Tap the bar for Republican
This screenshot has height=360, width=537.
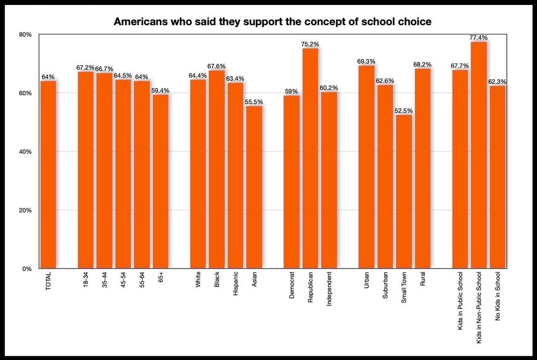point(310,159)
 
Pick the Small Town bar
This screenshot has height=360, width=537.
point(404,192)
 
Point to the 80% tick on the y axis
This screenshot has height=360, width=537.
point(26,35)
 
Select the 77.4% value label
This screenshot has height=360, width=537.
point(478,38)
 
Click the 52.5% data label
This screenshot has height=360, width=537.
point(404,111)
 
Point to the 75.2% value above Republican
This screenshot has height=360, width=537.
point(310,44)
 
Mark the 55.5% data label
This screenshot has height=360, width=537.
point(254,102)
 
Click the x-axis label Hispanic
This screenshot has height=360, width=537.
point(236,285)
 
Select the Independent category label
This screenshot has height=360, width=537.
point(329,288)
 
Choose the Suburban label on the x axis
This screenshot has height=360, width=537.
point(385,286)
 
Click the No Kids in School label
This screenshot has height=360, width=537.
point(498,296)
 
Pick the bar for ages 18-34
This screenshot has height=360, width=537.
point(85,170)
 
